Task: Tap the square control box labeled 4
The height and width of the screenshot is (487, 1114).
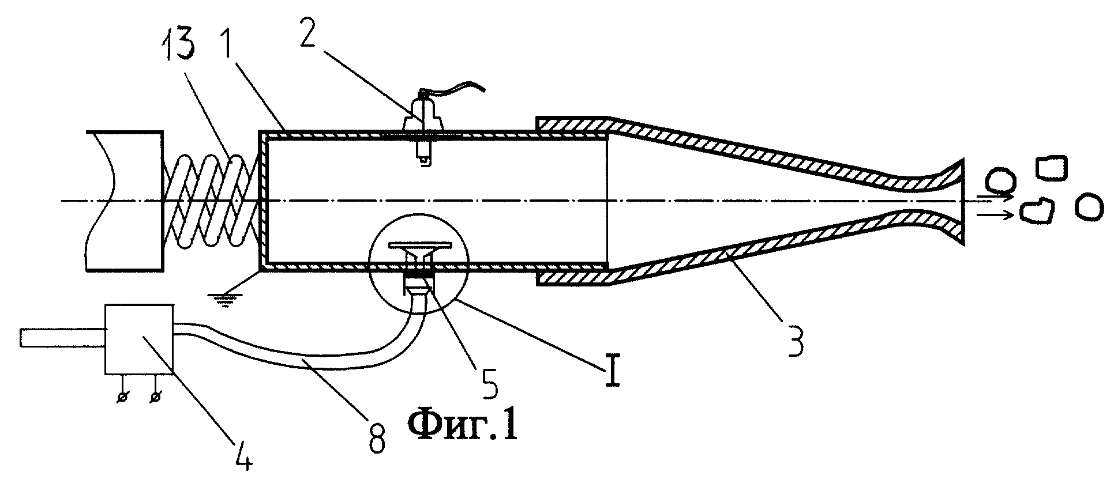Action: (x=138, y=339)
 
